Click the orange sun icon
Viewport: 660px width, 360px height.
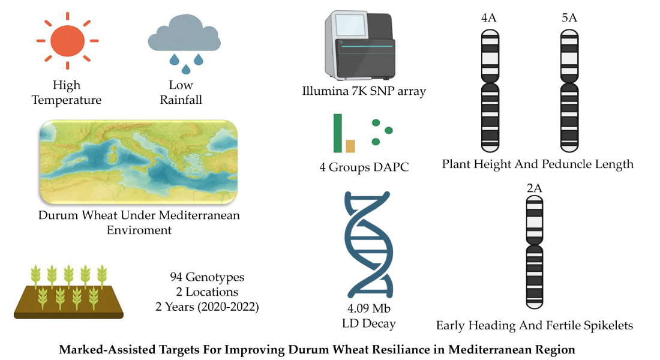pyautogui.click(x=67, y=41)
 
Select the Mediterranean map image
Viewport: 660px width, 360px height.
pyautogui.click(x=138, y=161)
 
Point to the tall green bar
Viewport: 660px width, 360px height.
pyautogui.click(x=338, y=133)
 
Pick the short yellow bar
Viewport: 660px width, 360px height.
pyautogui.click(x=350, y=146)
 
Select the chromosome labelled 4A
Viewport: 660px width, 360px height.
pyautogui.click(x=491, y=90)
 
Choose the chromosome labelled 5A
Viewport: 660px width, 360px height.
pyautogui.click(x=569, y=90)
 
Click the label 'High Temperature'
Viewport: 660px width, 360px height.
pyautogui.click(x=67, y=93)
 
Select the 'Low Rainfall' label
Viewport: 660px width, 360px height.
pyautogui.click(x=181, y=93)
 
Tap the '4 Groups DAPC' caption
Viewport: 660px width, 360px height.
pyautogui.click(x=364, y=167)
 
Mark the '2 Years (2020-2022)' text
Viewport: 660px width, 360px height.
pyautogui.click(x=208, y=307)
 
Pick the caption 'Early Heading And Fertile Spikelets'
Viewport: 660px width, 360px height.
pyautogui.click(x=534, y=326)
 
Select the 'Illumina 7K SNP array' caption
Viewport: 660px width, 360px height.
pyautogui.click(x=364, y=91)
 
